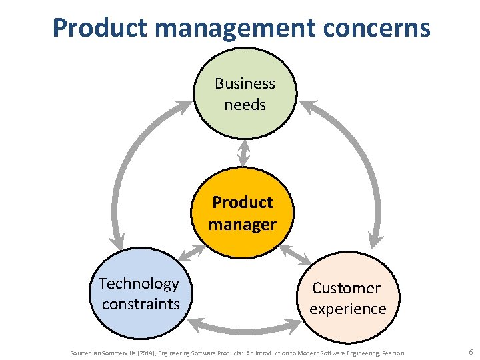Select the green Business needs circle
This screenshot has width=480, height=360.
tap(244, 93)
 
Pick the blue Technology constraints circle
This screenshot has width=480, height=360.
tap(139, 294)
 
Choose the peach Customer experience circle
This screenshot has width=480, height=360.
tap(347, 299)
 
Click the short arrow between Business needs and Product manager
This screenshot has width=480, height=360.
tap(244, 153)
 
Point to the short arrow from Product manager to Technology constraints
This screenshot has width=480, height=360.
tap(192, 252)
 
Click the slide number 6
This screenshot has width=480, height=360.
tap(471, 351)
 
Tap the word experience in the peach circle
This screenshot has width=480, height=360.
tap(347, 309)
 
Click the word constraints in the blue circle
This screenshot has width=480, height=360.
tap(141, 304)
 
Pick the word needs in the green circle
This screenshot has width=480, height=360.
tap(245, 105)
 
